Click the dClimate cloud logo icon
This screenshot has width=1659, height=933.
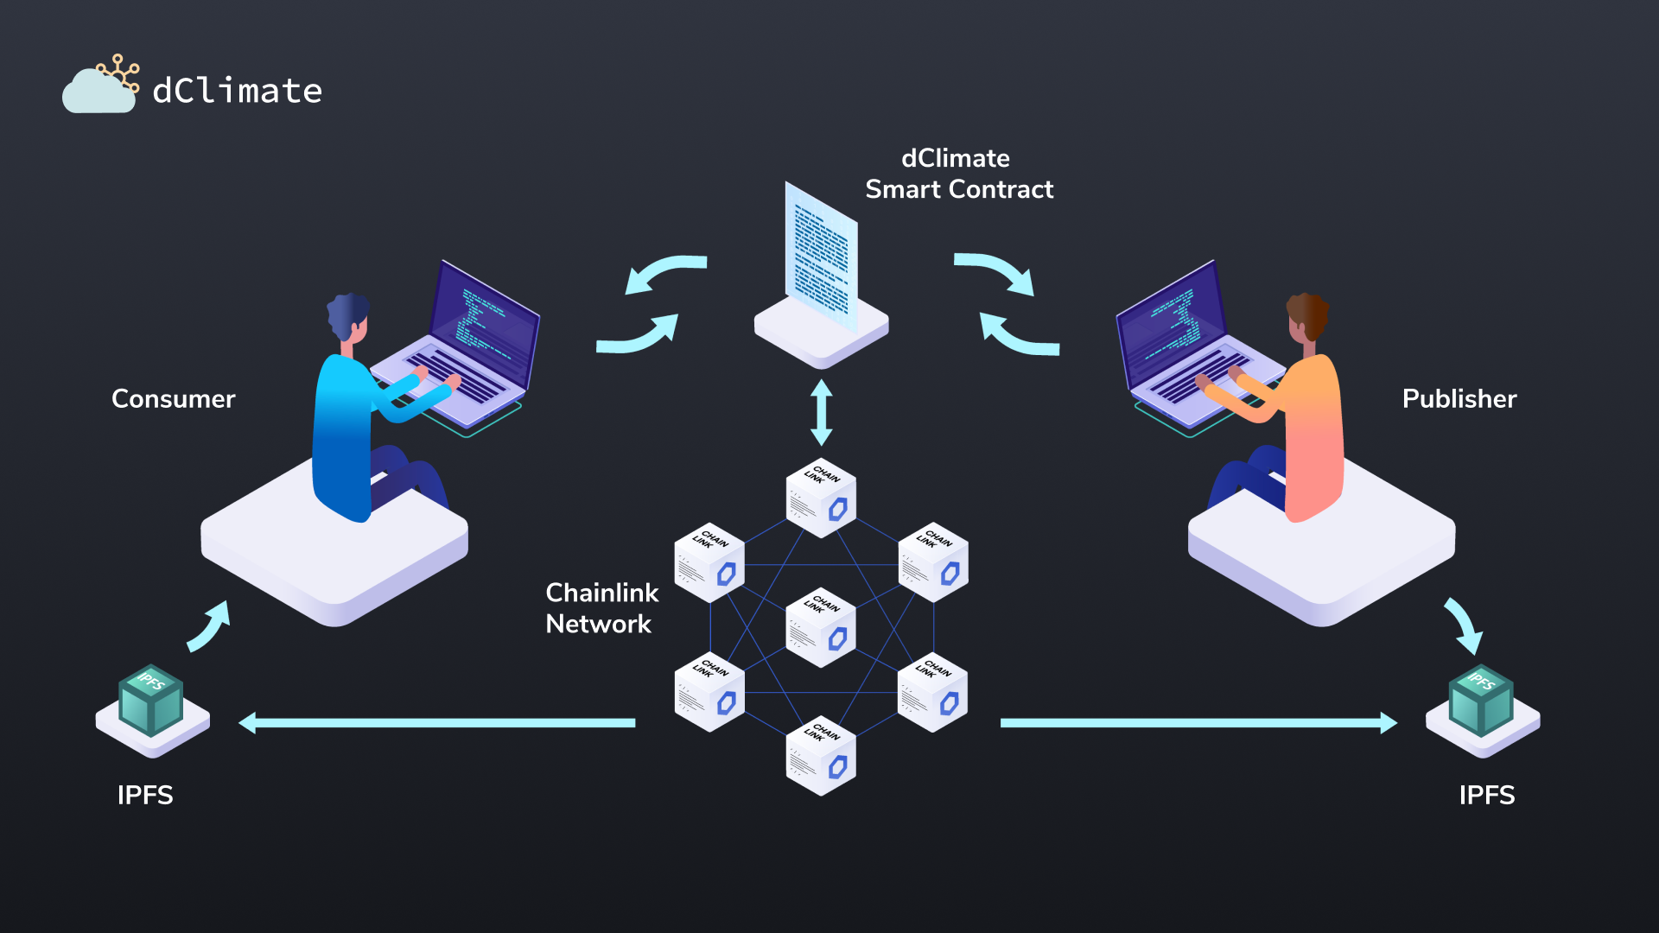coord(99,86)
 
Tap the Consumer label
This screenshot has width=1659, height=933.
coord(173,399)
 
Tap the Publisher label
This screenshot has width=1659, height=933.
coord(1459,399)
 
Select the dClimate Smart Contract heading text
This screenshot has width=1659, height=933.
coord(958,174)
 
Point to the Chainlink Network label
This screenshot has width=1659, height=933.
coord(601,608)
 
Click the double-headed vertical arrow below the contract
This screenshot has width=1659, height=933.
coord(822,412)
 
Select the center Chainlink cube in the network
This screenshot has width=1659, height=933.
coord(821,628)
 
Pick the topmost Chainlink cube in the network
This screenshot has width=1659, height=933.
coord(821,498)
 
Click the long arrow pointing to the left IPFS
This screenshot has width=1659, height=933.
coord(436,723)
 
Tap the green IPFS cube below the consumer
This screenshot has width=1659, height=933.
coord(151,700)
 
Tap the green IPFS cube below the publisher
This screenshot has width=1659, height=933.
coord(1481,700)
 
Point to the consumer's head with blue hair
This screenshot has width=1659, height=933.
coord(349,316)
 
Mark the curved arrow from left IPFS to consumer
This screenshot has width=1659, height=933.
coord(210,625)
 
